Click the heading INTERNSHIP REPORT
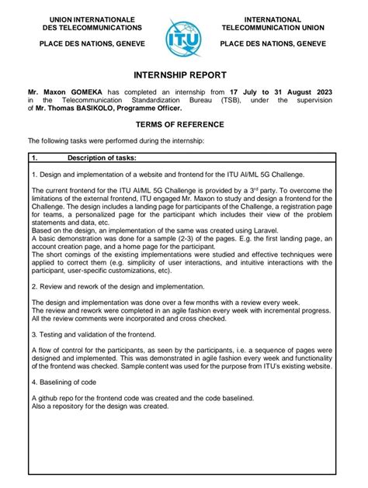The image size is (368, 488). point(184,75)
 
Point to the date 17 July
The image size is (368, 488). point(269,92)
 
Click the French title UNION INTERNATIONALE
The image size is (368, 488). point(92,19)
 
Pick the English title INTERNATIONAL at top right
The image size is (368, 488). point(273,19)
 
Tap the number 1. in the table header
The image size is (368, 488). point(36,158)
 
